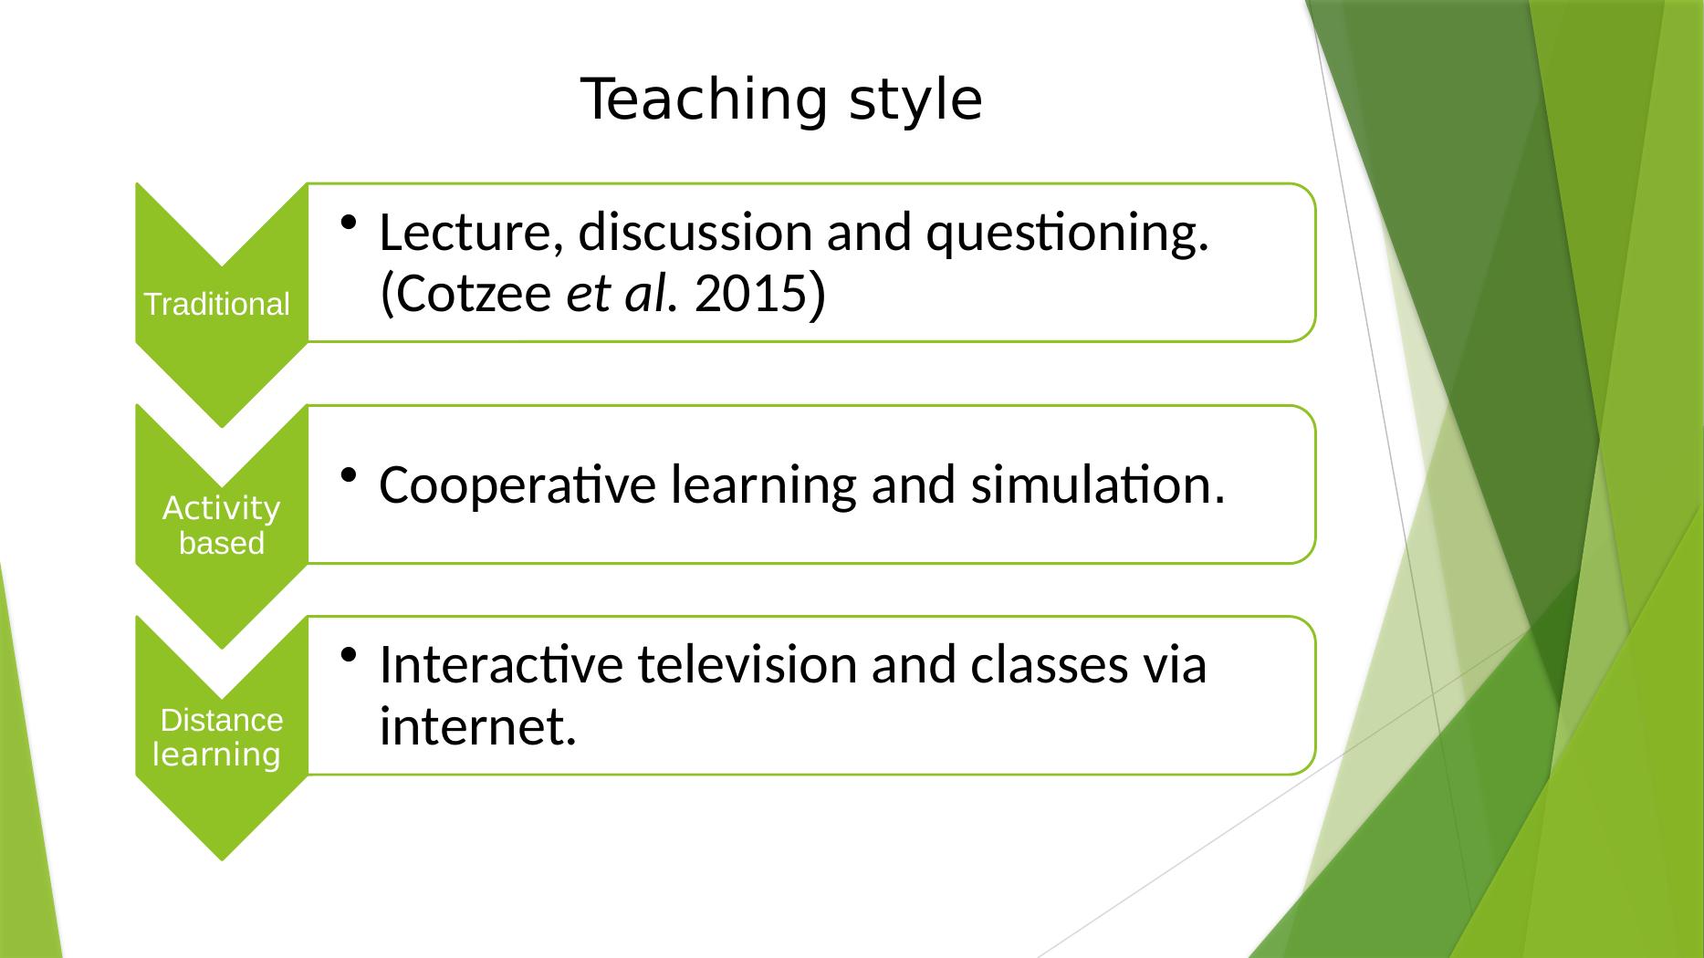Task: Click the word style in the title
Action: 915,102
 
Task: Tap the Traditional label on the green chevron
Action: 217,305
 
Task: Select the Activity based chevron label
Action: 222,526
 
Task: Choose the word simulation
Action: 1096,484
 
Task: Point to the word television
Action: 746,664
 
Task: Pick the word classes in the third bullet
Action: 1047,664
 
